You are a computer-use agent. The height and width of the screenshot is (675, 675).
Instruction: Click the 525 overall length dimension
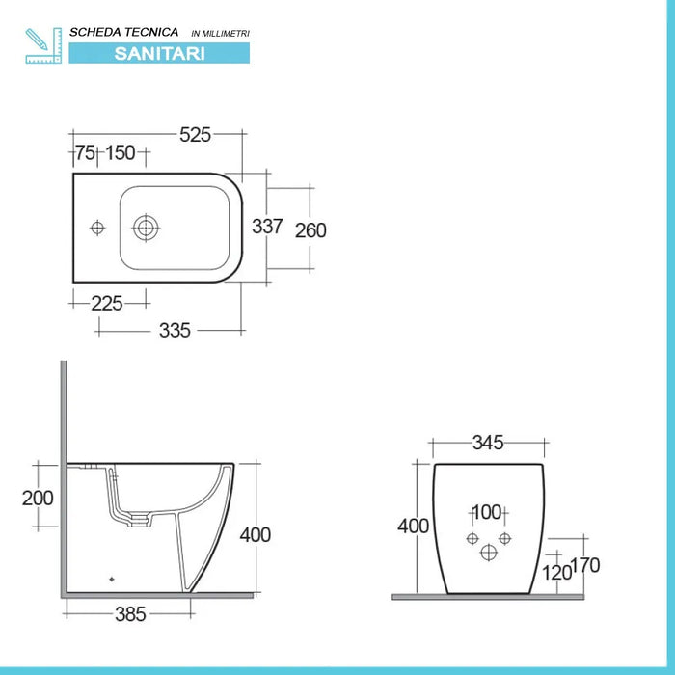(195, 135)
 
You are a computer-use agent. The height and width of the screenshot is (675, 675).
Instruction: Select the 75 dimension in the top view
(85, 153)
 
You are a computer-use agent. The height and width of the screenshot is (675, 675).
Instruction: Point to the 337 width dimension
(267, 227)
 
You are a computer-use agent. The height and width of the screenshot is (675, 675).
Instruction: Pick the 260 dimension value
(310, 230)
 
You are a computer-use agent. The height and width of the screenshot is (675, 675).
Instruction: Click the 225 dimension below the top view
(106, 303)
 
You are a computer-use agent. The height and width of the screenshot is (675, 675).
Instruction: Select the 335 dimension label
(175, 330)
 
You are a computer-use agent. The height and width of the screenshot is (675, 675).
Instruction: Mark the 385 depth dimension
(128, 613)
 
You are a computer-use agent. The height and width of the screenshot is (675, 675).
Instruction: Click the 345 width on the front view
(488, 444)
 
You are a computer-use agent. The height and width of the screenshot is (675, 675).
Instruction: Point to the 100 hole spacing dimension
(488, 512)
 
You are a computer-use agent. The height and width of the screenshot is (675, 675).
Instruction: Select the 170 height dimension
(585, 565)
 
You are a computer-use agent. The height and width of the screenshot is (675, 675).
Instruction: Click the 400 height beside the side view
(256, 534)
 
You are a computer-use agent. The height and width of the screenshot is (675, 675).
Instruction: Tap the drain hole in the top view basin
(147, 228)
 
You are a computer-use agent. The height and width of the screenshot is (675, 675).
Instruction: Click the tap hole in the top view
(96, 228)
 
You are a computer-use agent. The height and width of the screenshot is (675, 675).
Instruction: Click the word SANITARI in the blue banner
(159, 54)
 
